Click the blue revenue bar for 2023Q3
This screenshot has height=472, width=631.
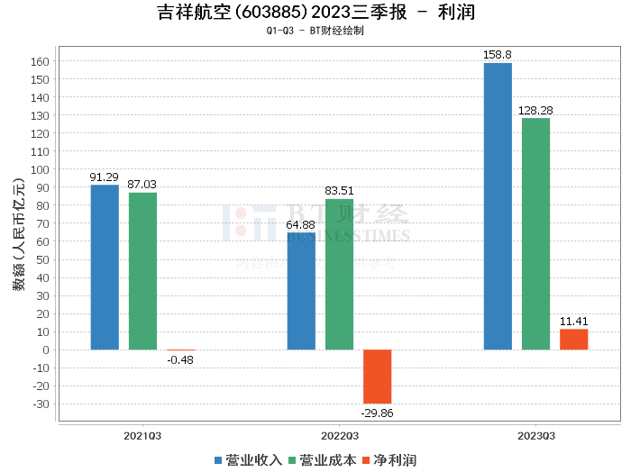498,206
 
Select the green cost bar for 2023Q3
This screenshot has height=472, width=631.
535,233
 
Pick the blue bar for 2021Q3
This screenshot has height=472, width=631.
105,267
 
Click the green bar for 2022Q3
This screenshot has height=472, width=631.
339,274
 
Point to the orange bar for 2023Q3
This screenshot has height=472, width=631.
573,340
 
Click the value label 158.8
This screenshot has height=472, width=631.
497,55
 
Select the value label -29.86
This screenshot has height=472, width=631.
378,413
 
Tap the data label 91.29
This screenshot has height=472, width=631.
105,177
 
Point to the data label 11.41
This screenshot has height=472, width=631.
573,321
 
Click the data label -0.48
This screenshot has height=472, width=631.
180,360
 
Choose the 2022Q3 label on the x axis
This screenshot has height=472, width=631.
339,435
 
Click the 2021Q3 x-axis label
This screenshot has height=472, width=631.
142,435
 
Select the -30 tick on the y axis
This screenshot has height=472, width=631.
41,404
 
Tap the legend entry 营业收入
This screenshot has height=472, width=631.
249,460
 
